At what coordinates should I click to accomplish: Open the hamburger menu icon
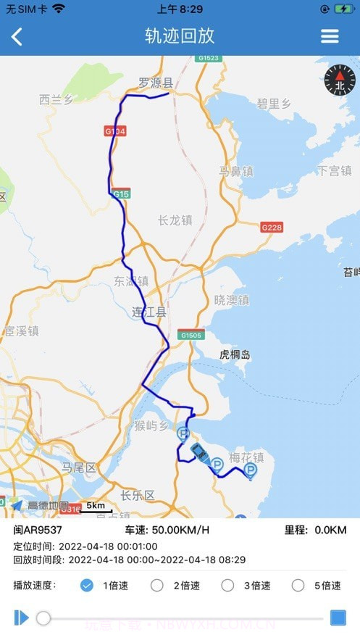[x=330, y=36]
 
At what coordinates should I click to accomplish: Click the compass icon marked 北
[x=340, y=80]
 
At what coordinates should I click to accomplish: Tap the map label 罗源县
[x=156, y=83]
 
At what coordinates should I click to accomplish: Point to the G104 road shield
[x=115, y=131]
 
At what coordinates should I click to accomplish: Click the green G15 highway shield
[x=121, y=194]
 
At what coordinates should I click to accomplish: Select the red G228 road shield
[x=272, y=227]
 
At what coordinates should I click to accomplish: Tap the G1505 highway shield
[x=191, y=335]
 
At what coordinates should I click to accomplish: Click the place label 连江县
[x=149, y=312]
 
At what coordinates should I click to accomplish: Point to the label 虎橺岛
[x=235, y=354]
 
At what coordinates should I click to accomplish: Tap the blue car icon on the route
[x=198, y=452]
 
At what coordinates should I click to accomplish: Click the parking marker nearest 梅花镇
[x=251, y=471]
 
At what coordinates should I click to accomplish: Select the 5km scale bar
[x=96, y=507]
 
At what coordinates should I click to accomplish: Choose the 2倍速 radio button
[x=157, y=586]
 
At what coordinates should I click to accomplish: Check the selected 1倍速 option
[x=87, y=586]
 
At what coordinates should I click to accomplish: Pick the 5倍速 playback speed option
[x=298, y=586]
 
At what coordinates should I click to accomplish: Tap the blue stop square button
[x=338, y=618]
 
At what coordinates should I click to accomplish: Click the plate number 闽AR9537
[x=38, y=531]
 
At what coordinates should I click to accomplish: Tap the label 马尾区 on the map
[x=79, y=468]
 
